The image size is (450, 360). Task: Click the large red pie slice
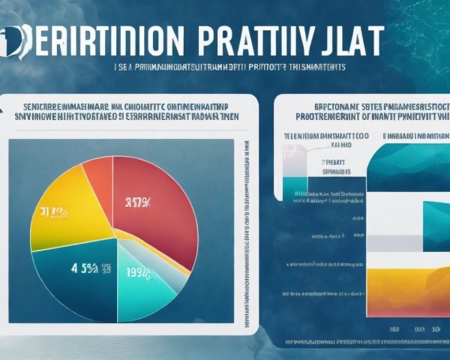point(161,210)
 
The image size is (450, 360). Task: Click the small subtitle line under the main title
point(224,67)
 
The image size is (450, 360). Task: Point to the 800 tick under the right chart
point(394,328)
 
